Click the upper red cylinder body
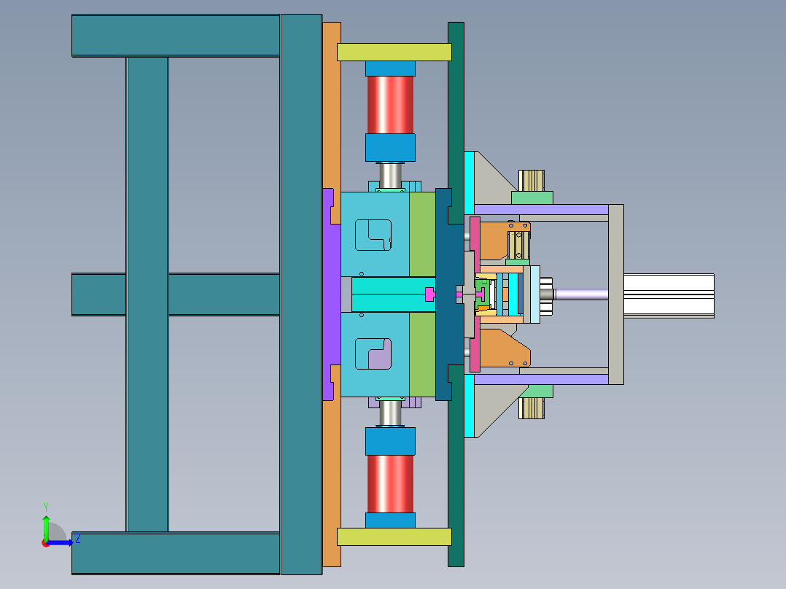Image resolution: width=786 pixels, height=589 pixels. click(390, 105)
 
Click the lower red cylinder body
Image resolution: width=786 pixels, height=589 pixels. click(390, 484)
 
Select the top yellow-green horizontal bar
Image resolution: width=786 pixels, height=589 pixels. click(394, 52)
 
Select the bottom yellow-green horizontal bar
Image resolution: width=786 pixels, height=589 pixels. click(394, 537)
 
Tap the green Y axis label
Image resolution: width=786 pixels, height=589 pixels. click(46, 507)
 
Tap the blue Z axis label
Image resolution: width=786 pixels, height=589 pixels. click(78, 539)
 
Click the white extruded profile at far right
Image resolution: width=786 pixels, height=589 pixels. click(669, 296)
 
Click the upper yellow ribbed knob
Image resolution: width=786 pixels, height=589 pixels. click(532, 181)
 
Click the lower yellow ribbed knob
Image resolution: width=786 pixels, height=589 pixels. click(532, 408)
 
